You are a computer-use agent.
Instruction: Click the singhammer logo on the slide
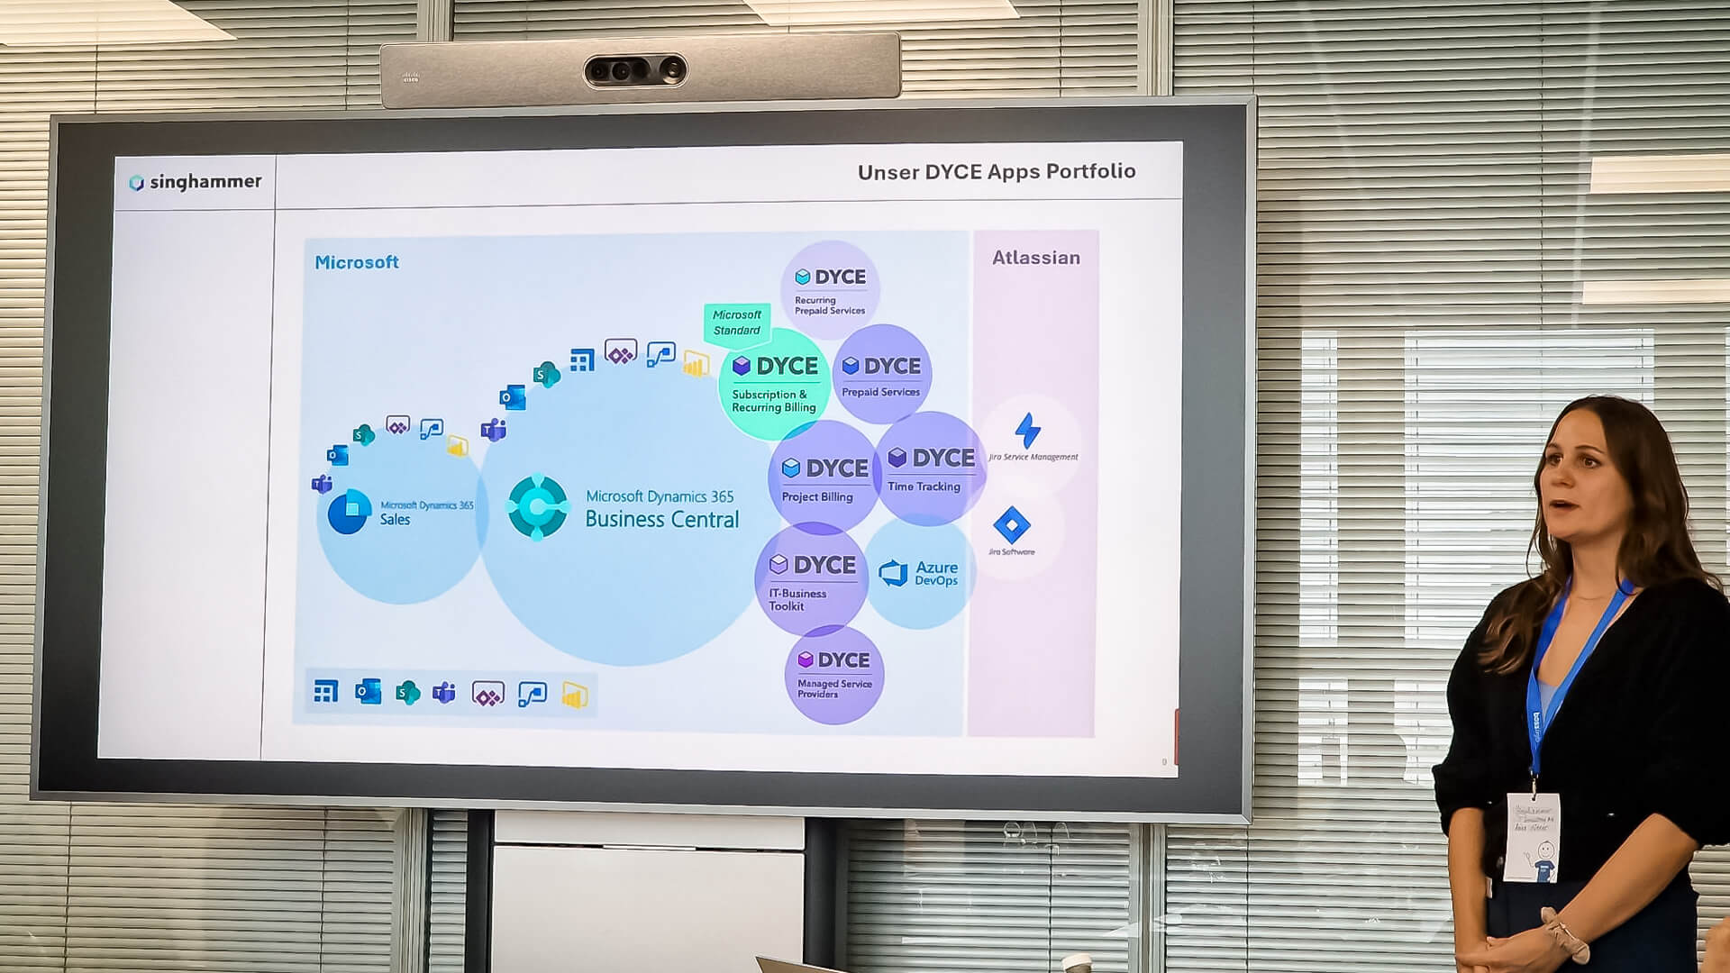pos(196,182)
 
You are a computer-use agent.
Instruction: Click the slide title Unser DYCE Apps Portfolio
pos(996,172)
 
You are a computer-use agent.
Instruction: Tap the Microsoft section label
pos(357,262)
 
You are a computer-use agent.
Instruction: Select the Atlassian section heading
pos(1035,258)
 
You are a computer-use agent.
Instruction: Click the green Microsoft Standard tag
pos(737,323)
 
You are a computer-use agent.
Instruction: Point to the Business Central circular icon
pos(538,506)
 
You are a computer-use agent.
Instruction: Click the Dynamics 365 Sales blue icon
pos(349,511)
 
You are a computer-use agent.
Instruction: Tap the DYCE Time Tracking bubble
pos(930,468)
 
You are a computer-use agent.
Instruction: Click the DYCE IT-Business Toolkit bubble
pos(811,579)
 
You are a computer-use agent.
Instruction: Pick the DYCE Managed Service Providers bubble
pos(834,675)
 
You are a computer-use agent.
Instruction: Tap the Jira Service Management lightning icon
pos(1027,430)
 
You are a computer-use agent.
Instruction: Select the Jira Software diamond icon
pos(1011,525)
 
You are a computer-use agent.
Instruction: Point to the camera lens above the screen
pos(635,71)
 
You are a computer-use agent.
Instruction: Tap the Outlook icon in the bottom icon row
pos(368,692)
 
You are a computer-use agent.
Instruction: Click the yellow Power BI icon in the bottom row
pos(575,695)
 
